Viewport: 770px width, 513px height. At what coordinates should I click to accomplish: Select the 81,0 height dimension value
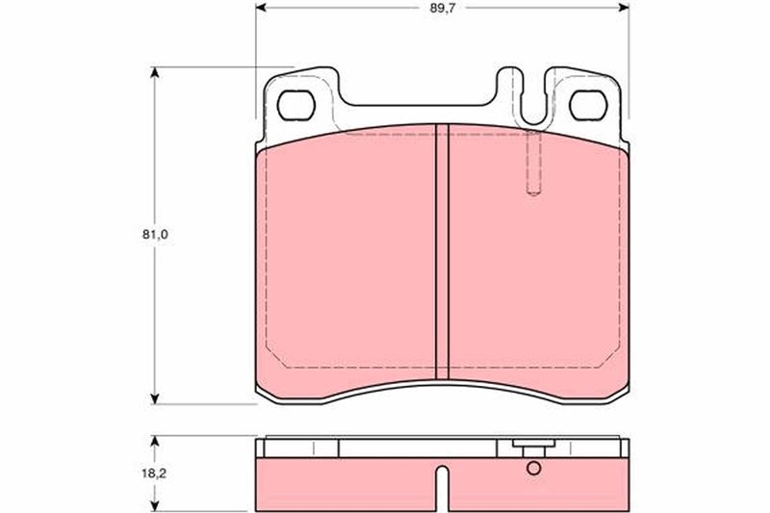coord(144,234)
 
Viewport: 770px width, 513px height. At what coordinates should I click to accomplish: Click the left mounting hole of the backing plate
coord(297,105)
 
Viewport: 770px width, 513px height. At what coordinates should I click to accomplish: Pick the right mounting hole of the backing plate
coord(585,105)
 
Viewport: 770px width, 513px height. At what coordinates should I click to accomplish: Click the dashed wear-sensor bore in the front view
coord(534,164)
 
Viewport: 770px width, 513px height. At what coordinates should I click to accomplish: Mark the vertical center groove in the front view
coord(443,250)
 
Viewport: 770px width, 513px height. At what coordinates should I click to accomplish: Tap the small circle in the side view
coord(534,469)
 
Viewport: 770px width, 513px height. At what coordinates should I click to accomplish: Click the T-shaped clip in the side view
coord(528,448)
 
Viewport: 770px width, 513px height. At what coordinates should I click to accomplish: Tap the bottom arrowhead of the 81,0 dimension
coord(155,398)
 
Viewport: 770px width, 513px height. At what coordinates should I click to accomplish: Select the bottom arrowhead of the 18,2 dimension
coord(155,507)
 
